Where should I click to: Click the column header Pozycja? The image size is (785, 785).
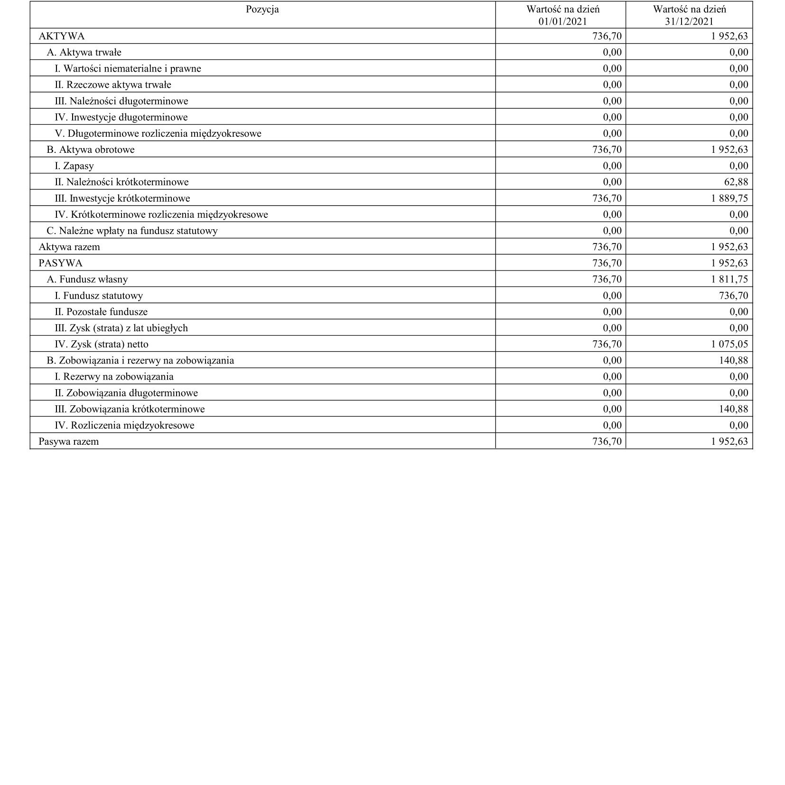click(x=262, y=9)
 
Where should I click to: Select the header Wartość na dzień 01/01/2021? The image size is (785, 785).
click(x=562, y=15)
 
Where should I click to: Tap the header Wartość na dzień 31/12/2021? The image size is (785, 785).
click(x=689, y=15)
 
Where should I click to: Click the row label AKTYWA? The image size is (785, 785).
click(x=62, y=36)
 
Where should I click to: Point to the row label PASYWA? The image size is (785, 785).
click(x=60, y=263)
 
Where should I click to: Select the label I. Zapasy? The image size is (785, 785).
click(x=74, y=166)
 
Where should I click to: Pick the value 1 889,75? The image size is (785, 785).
click(x=729, y=198)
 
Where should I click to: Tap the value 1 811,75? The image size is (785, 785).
click(x=729, y=279)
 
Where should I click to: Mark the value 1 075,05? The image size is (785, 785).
click(x=729, y=344)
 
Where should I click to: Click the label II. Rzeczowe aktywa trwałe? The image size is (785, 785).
click(x=113, y=84)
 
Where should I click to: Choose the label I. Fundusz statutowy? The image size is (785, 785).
click(x=99, y=296)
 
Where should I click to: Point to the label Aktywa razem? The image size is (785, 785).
click(x=69, y=247)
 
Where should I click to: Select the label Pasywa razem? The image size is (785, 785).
click(x=69, y=441)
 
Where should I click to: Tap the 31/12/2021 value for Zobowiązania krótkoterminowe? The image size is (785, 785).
click(x=734, y=409)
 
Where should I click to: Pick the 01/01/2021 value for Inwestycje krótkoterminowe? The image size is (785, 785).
click(x=607, y=198)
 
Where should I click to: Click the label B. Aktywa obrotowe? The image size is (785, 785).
click(x=91, y=150)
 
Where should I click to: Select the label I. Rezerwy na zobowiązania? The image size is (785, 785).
click(x=114, y=376)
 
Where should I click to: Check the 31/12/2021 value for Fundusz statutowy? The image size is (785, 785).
click(x=734, y=296)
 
